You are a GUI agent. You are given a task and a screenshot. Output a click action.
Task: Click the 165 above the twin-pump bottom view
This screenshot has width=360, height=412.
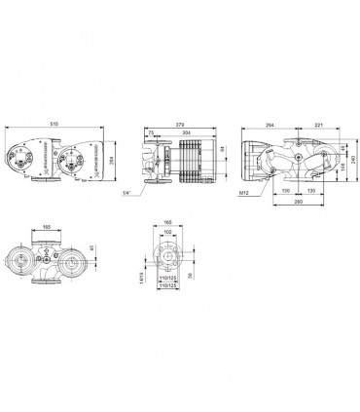46,226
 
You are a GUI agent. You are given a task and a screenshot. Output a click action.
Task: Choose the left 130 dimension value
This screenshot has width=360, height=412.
285,191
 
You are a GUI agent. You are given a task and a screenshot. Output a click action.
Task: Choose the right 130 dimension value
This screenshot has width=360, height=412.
310,191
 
